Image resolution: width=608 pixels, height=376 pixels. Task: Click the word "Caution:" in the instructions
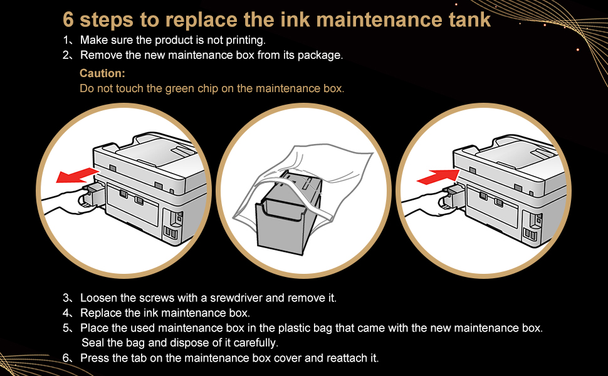click(102, 73)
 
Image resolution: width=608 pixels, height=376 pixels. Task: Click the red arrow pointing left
click(76, 175)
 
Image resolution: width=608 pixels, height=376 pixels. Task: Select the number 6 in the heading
click(68, 19)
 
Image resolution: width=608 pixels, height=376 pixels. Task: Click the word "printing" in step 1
click(246, 40)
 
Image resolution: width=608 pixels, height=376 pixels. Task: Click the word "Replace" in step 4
click(100, 313)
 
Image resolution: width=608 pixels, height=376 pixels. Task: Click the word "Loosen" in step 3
click(98, 298)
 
